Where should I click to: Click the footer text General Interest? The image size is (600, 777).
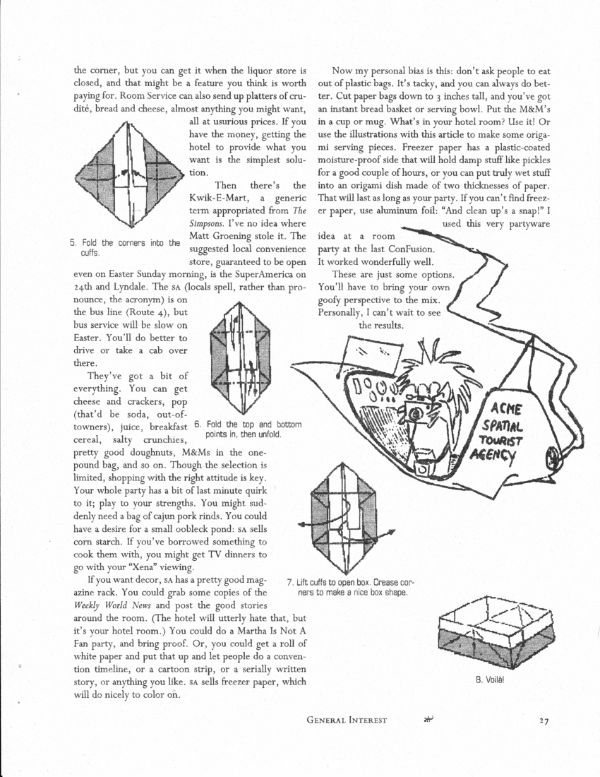[x=347, y=720]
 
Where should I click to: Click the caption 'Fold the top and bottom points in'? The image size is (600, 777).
[x=248, y=429]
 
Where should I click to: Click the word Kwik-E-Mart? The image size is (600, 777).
[x=215, y=198]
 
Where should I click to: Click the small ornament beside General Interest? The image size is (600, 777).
[x=426, y=719]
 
